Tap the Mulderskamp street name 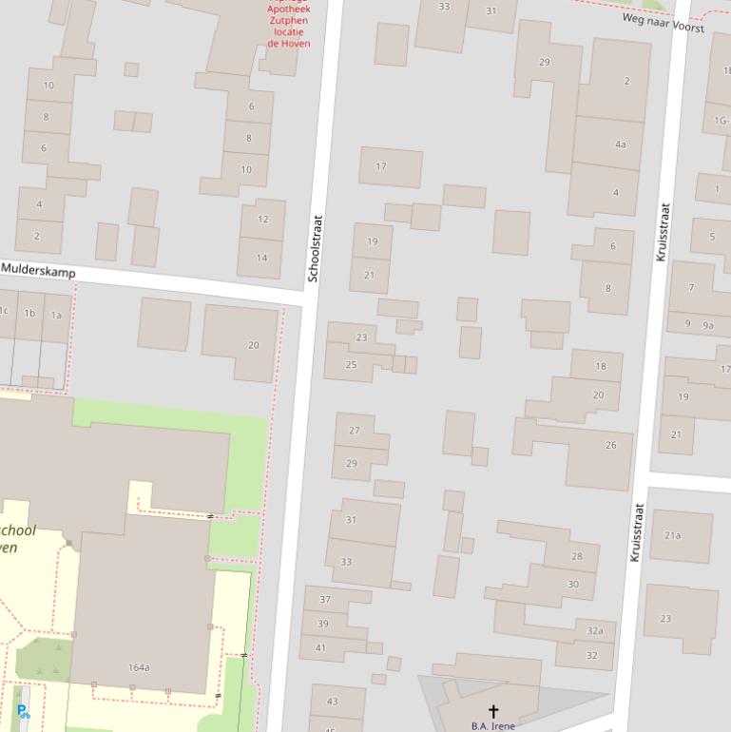(x=38, y=270)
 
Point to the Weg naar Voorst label (x=663, y=23)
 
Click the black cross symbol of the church (x=492, y=711)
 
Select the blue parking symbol (x=23, y=711)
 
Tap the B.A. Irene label (x=492, y=726)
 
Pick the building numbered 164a (x=139, y=667)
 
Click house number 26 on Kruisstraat (x=610, y=445)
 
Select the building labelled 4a (x=620, y=144)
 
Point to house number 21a (x=672, y=535)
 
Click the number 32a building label (x=595, y=630)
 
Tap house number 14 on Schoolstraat (x=261, y=258)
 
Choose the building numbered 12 (x=262, y=219)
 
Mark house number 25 (x=351, y=364)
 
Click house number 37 (x=324, y=599)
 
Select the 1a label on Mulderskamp (x=56, y=313)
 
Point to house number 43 (x=332, y=702)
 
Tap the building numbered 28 (x=576, y=556)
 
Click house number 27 (x=354, y=431)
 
